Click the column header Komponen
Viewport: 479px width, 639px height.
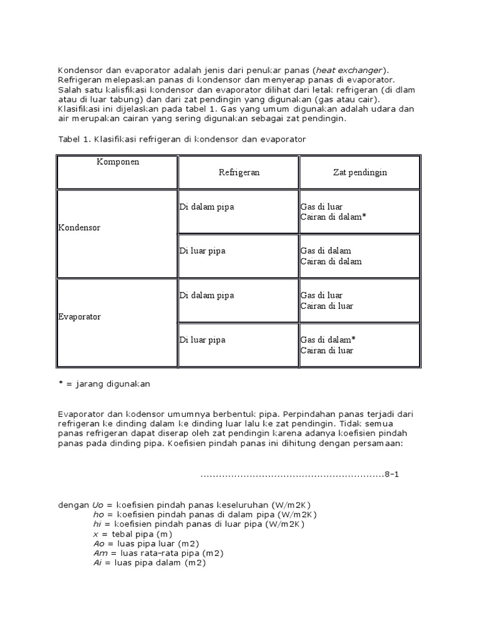(x=117, y=162)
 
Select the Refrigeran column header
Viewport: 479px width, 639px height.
(x=239, y=173)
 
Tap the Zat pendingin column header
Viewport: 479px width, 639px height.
(x=360, y=173)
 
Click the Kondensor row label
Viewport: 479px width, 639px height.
(x=79, y=228)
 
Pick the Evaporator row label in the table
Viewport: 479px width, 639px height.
(x=79, y=317)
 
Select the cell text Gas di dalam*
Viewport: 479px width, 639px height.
(x=328, y=340)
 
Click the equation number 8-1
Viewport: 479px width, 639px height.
(x=392, y=474)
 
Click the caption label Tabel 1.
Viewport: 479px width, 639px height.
(x=74, y=140)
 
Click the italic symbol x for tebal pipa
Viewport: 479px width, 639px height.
(x=95, y=534)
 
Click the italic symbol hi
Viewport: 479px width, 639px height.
(x=97, y=525)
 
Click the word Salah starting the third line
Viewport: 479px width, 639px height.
(x=70, y=89)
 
